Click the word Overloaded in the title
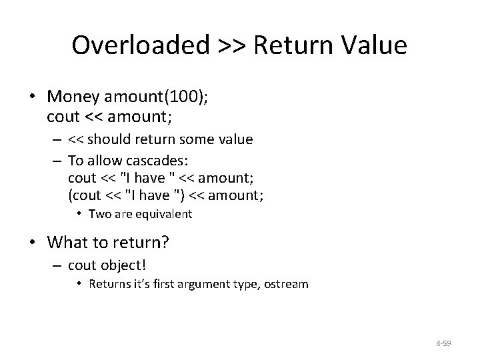click(140, 45)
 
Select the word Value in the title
click(375, 45)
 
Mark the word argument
click(216, 284)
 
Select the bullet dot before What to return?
click(33, 241)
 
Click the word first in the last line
click(179, 284)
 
